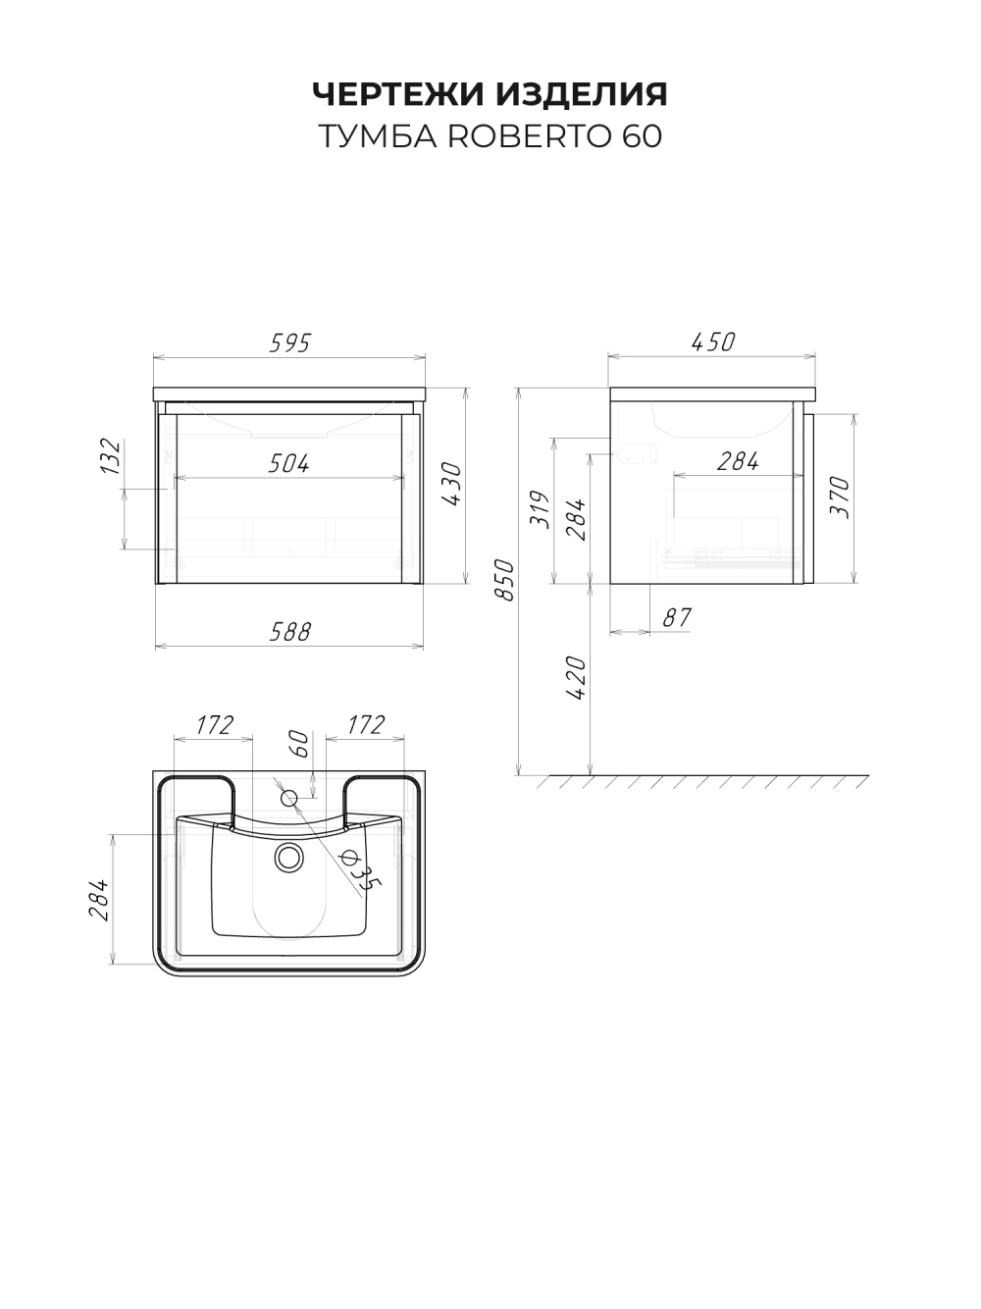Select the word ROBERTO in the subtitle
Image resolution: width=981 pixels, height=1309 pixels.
click(529, 136)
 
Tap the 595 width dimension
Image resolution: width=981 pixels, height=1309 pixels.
click(290, 342)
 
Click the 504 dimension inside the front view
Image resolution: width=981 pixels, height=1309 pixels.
click(289, 463)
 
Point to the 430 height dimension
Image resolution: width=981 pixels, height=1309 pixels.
click(452, 484)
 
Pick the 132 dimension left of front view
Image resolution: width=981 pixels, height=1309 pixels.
click(111, 457)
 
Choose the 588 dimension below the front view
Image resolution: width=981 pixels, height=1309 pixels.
click(290, 632)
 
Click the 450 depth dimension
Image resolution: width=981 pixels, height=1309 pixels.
click(713, 341)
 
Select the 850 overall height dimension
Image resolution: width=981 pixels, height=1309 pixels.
click(504, 580)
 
